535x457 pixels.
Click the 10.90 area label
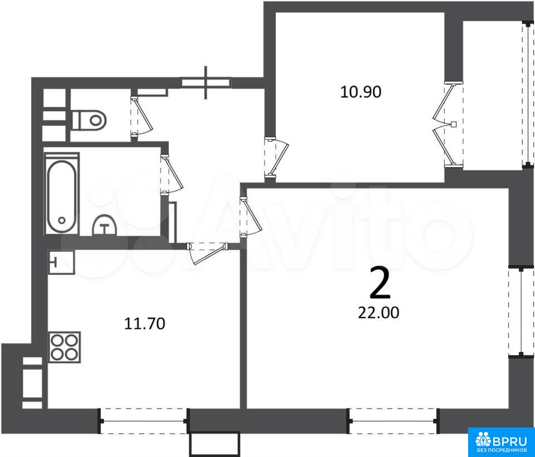point(361,92)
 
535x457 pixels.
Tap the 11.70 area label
point(145,323)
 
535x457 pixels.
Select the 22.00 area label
point(378,312)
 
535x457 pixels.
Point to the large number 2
point(380,283)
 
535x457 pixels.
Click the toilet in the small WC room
point(89,120)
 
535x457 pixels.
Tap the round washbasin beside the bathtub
point(105,225)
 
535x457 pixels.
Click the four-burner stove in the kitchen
point(65,347)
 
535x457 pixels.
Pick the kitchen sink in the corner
point(61,262)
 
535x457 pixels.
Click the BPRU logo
point(500,441)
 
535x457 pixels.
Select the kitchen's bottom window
point(143,421)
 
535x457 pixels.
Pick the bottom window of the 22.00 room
point(393,421)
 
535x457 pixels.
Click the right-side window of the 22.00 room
point(522,312)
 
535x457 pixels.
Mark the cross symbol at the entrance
point(206,82)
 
